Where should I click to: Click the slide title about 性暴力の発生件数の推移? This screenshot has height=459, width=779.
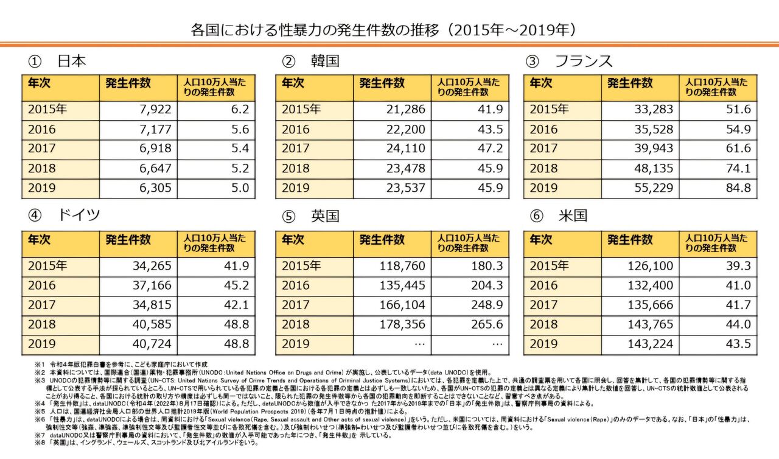click(x=383, y=30)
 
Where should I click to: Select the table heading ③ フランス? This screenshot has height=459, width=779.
click(x=568, y=61)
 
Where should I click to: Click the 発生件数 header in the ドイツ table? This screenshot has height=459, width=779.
click(x=128, y=240)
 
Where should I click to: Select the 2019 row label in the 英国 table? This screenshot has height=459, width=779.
click(x=296, y=344)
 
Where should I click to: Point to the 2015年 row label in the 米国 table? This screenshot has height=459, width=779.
click(x=549, y=266)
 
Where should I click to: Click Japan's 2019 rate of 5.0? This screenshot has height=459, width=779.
click(x=237, y=188)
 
